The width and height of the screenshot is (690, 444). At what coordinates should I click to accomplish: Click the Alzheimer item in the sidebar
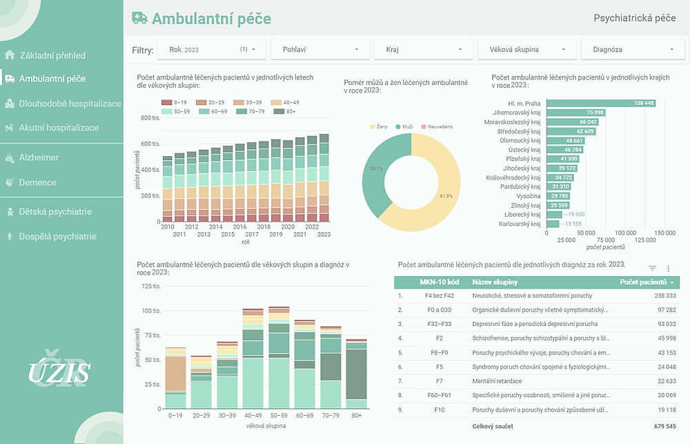39,157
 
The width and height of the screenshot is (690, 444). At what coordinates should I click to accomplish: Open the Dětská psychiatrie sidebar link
55,212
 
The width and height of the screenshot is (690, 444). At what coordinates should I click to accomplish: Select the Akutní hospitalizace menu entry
59,128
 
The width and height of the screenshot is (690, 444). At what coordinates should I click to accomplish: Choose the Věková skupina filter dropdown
526,50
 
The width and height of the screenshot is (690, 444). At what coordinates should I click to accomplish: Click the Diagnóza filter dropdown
630,50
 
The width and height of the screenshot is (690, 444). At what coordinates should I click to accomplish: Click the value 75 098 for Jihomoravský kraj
595,113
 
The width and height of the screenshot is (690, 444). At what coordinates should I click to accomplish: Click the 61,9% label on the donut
445,196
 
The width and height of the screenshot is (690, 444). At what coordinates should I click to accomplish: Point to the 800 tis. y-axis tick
150,118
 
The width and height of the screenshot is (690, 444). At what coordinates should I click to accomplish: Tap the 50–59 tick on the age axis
278,416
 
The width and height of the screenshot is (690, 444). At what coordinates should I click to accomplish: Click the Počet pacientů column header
644,282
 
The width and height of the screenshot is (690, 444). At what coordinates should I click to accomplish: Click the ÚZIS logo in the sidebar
59,372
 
